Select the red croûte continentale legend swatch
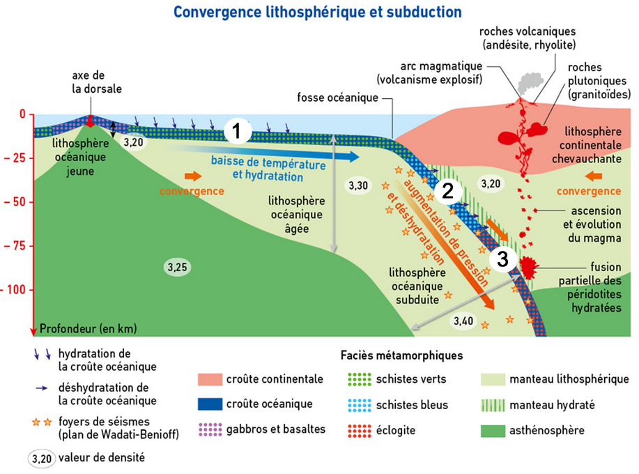209,380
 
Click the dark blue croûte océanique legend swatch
209,404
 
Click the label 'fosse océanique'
337,97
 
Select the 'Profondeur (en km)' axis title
88,328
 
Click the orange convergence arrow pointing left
594,176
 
